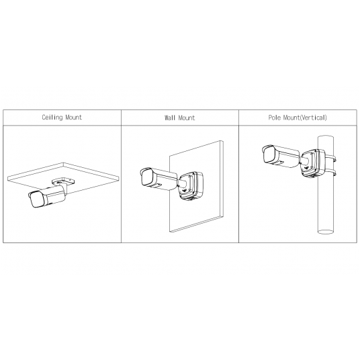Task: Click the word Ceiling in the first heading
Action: click(52, 118)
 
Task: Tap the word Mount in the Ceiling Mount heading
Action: click(73, 118)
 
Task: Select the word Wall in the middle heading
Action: click(171, 118)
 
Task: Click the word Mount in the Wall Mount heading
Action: click(187, 118)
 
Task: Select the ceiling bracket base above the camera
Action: click(62, 180)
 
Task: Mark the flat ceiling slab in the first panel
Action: click(94, 173)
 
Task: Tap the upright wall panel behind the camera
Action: click(201, 215)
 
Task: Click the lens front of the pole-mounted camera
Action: click(266, 153)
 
